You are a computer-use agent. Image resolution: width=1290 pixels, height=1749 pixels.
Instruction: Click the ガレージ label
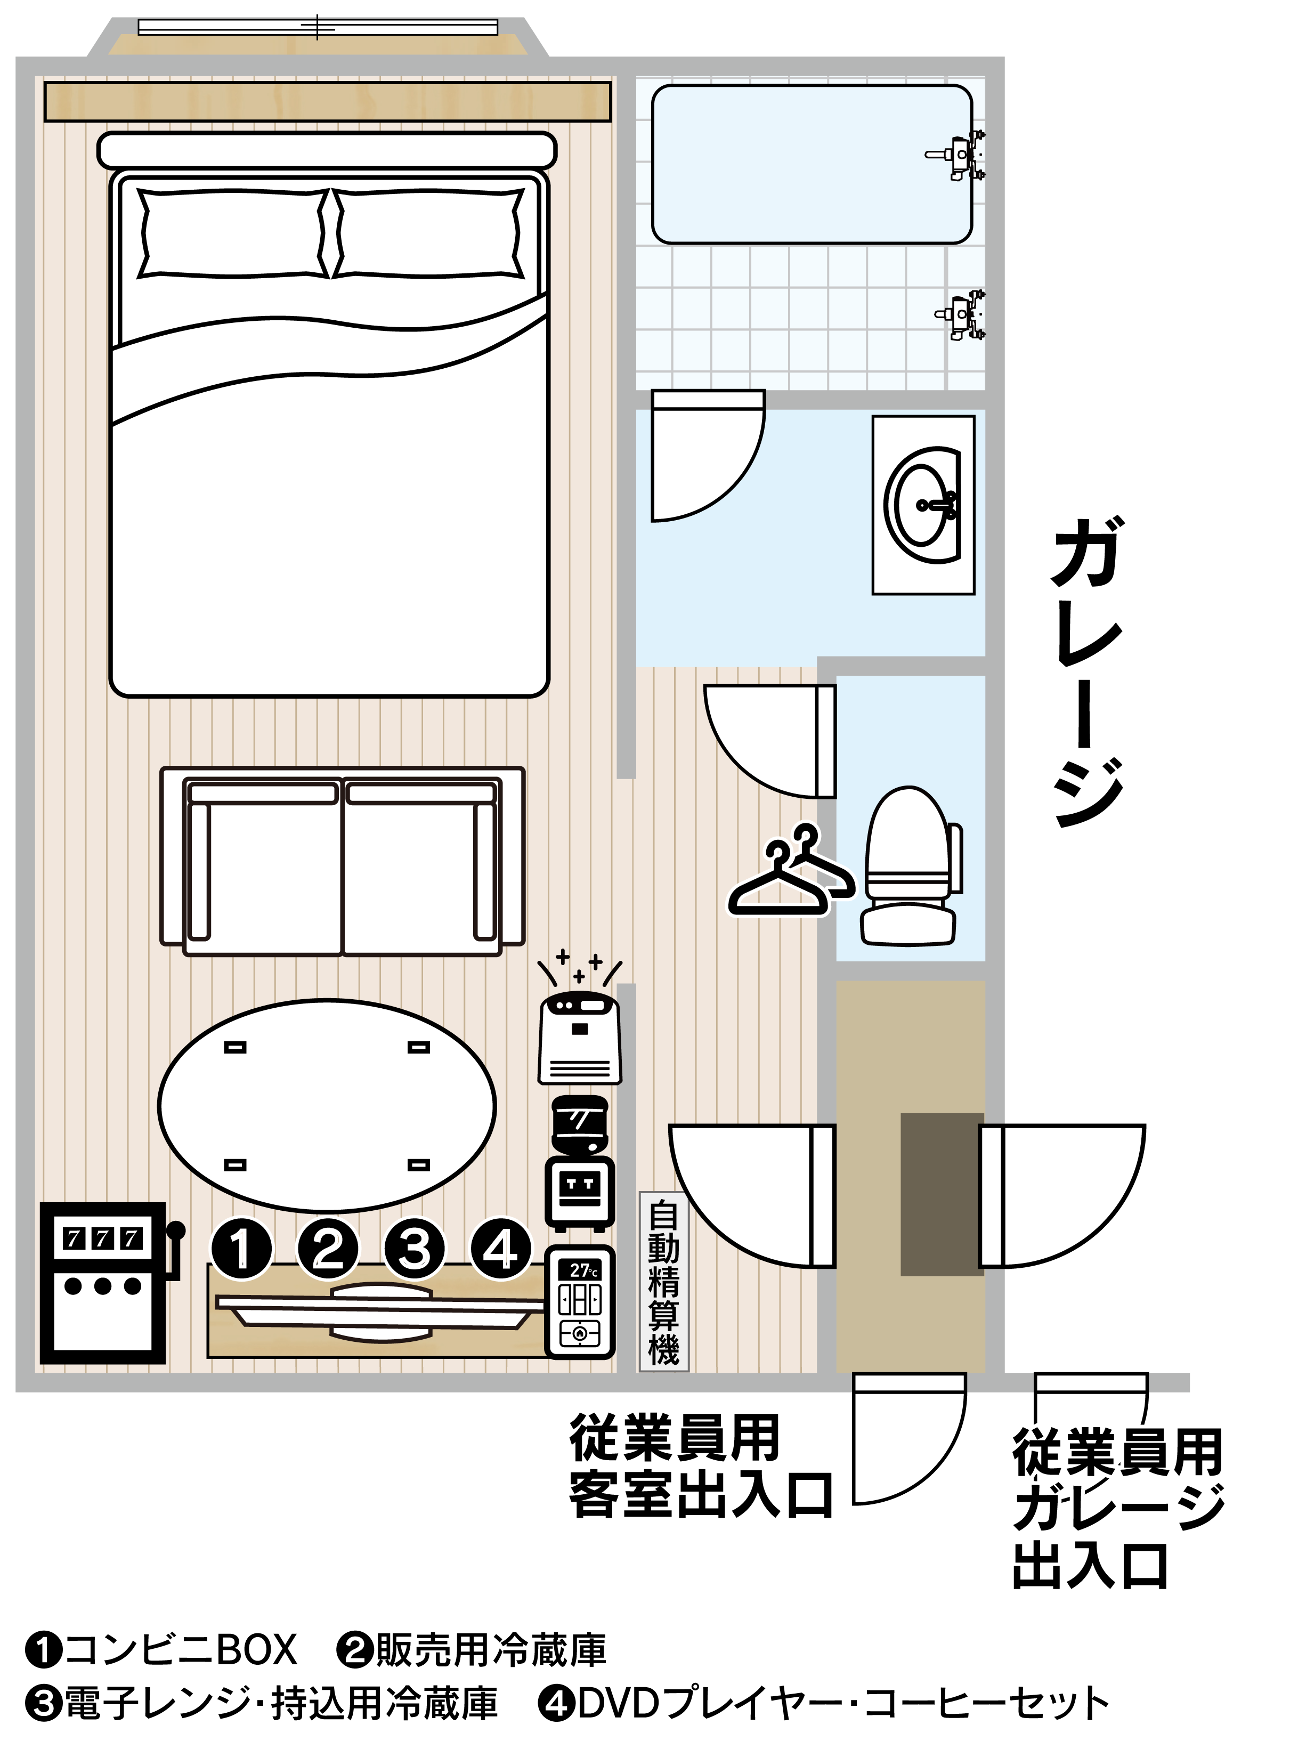1088,671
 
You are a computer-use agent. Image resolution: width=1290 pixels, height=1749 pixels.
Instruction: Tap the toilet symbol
911,866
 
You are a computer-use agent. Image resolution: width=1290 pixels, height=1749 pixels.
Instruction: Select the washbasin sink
924,505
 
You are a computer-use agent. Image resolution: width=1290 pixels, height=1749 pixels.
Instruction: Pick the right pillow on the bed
429,233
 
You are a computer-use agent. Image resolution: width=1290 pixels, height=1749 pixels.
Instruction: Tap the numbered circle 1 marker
242,1249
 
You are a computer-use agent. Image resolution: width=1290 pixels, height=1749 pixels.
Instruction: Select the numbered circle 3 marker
415,1249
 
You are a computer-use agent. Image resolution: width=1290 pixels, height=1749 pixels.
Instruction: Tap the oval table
327,1105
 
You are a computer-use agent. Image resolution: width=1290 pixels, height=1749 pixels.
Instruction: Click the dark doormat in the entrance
942,1195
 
